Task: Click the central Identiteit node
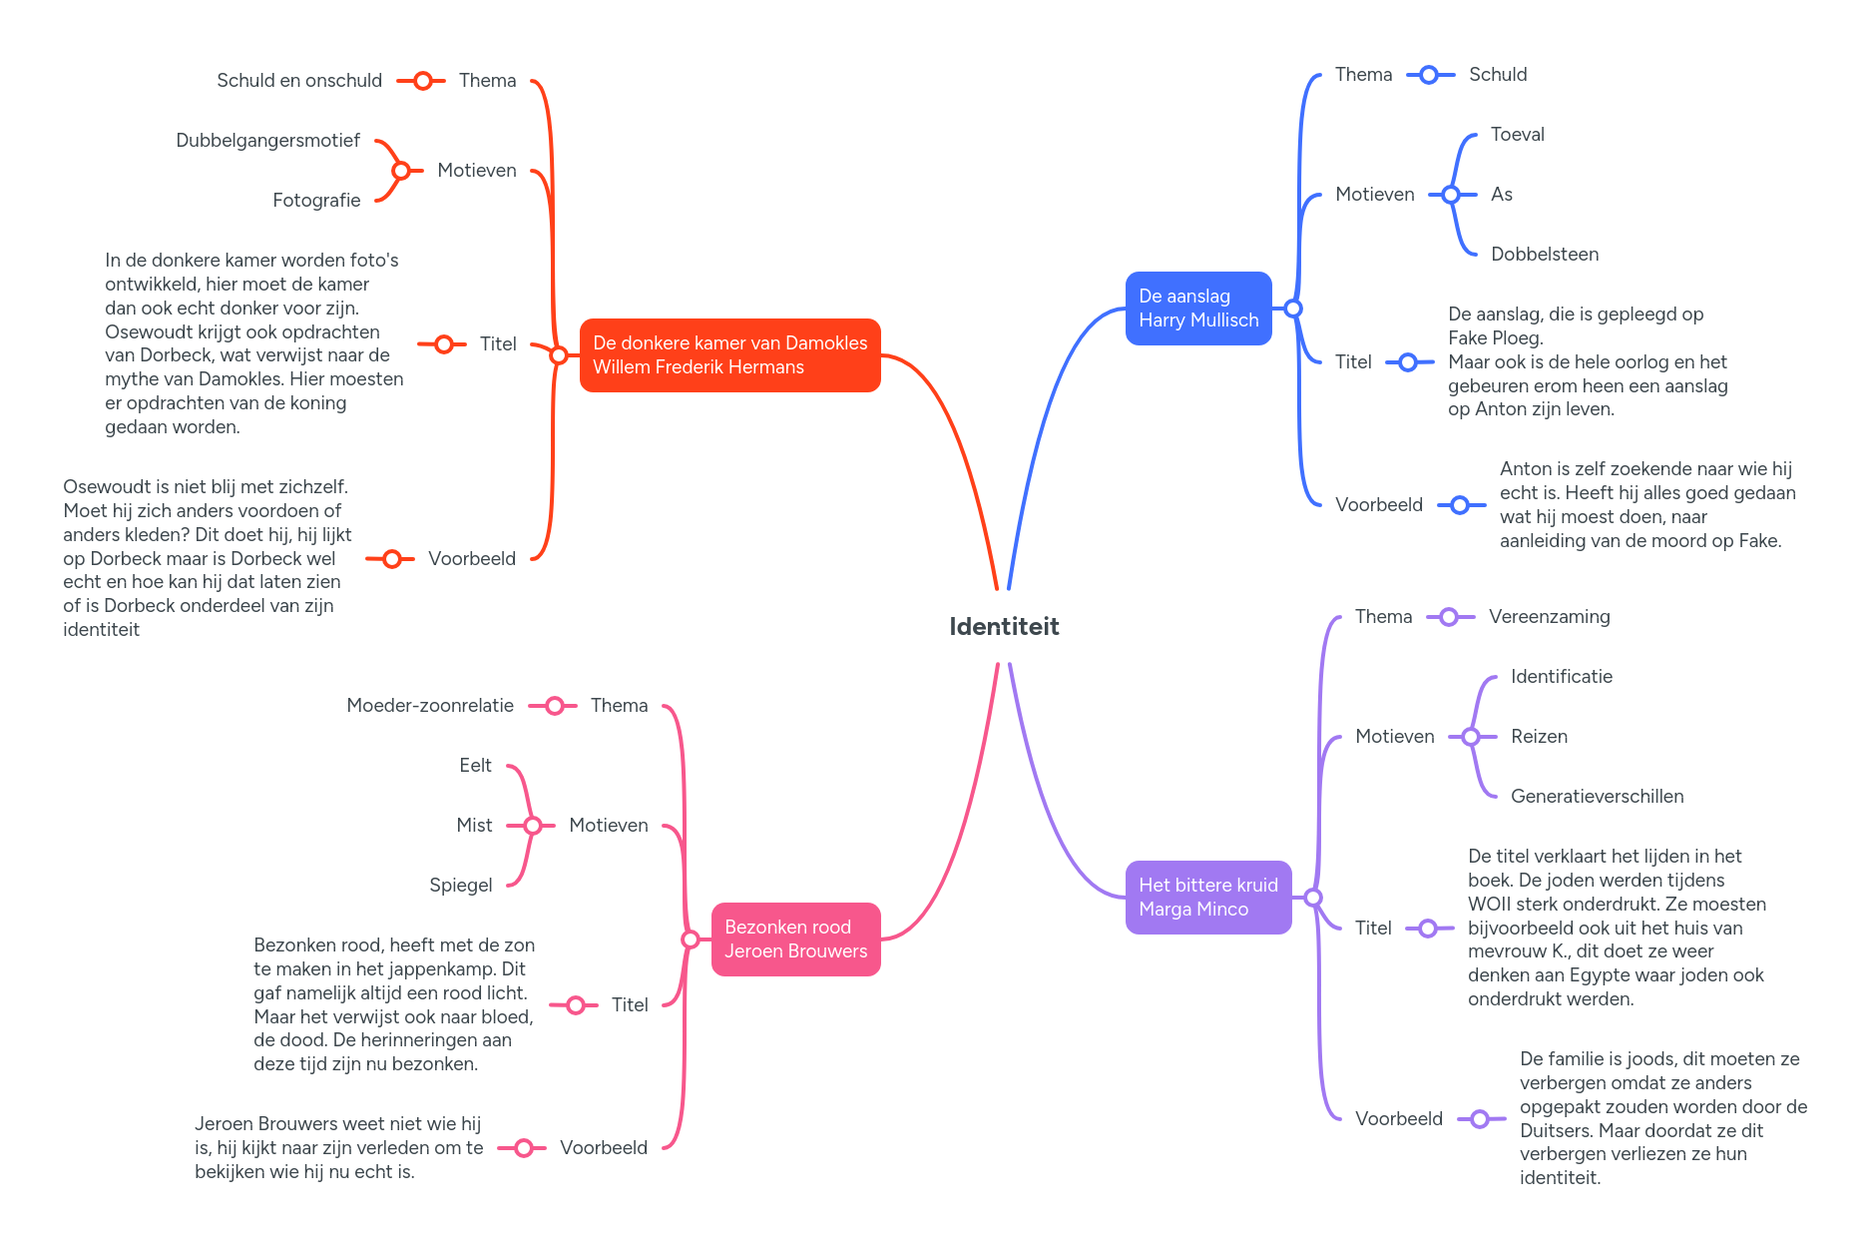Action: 1004,627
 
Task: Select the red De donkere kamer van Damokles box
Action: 729,355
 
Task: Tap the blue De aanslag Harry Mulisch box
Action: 1197,309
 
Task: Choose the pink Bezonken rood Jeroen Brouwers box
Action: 795,940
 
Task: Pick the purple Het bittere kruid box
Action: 1207,898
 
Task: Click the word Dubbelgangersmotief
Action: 267,141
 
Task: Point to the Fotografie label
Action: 316,201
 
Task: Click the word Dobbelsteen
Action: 1544,255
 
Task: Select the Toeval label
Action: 1517,135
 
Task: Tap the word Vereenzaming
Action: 1549,617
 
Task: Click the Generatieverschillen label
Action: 1597,797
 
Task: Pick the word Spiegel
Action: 460,886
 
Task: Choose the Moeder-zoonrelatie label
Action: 429,706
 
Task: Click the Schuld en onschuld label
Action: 299,81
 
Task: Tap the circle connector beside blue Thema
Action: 1428,75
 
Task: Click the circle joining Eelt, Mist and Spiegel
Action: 532,826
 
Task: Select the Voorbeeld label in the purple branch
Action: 1398,1119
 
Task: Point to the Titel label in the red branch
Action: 497,344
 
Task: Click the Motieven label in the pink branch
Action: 608,826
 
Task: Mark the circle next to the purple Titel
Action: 1428,929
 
